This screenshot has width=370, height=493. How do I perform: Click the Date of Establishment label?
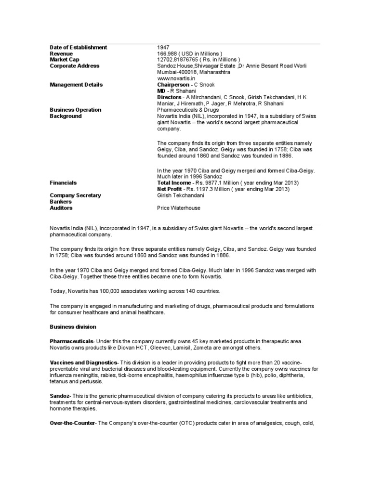(79, 47)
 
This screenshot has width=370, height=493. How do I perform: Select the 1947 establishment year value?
(163, 47)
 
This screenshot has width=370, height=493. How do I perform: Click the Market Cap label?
(65, 60)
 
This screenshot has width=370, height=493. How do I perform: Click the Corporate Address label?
(75, 66)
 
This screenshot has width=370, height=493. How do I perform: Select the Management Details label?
(76, 85)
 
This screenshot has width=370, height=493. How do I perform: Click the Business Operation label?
(76, 110)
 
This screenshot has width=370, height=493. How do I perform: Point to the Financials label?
(63, 183)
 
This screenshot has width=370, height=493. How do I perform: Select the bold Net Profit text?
(171, 189)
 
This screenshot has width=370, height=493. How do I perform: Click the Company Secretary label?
(76, 195)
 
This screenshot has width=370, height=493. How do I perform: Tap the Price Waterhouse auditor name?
(179, 208)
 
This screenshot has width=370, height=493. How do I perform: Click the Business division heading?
(73, 327)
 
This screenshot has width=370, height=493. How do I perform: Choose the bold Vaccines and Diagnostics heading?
(83, 362)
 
